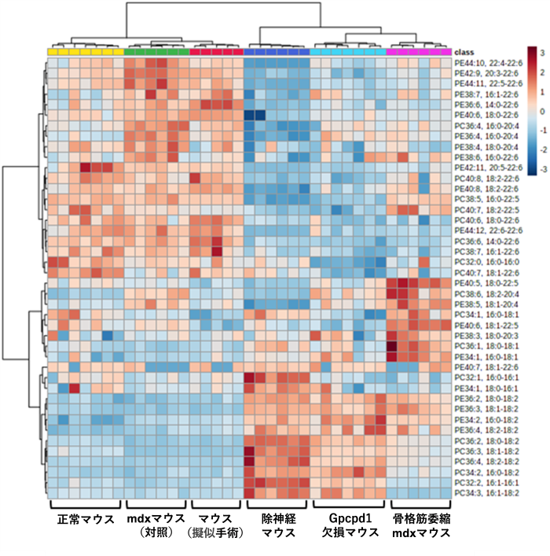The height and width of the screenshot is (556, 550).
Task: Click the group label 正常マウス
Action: (x=84, y=520)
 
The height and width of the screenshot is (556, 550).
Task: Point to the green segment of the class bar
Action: (x=156, y=52)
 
